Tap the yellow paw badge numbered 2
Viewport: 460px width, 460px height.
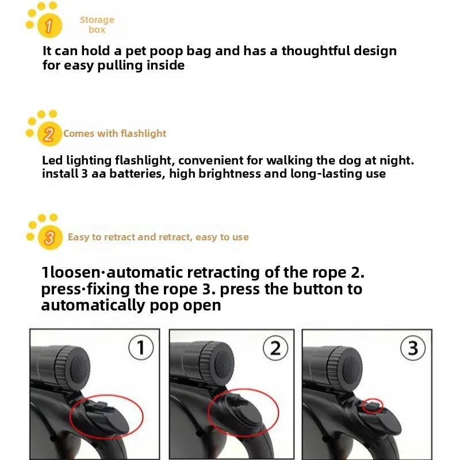[48, 135]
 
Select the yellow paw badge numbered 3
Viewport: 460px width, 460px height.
[49, 237]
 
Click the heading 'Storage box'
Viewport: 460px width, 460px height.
[97, 25]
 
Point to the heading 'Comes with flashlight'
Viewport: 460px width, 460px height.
[114, 133]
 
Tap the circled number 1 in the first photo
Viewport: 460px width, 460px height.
[141, 348]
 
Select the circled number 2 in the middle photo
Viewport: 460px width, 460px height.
[275, 348]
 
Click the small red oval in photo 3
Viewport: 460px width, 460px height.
[374, 406]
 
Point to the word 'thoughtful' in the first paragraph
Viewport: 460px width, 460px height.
[315, 51]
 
